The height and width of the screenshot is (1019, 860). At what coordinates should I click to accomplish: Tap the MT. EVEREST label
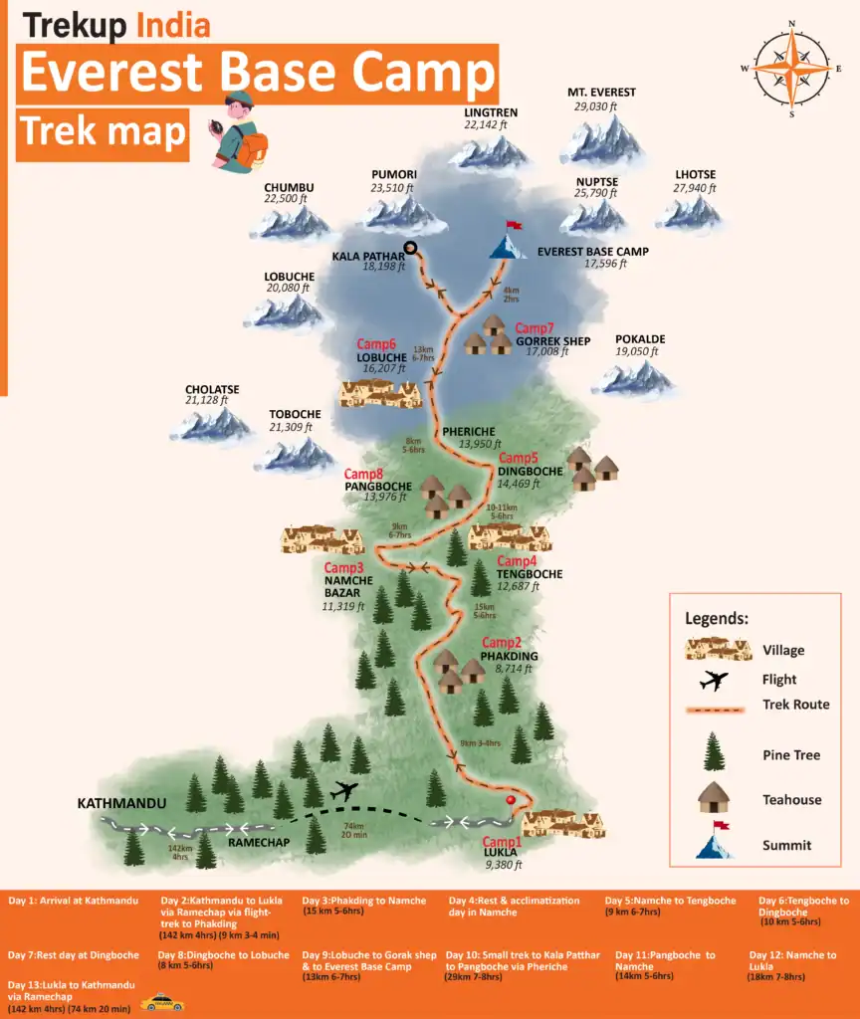601,93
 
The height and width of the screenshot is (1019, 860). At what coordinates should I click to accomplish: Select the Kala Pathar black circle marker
410,248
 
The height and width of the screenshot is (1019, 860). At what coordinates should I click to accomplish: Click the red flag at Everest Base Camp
514,226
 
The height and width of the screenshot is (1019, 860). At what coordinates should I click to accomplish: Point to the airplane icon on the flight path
345,792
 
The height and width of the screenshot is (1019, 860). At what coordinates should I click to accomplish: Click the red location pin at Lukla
512,801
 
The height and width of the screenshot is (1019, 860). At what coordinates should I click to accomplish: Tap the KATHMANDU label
124,802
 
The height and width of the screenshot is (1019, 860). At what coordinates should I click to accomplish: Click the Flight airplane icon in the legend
715,681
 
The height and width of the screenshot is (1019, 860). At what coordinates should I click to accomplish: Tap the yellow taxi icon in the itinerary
162,1003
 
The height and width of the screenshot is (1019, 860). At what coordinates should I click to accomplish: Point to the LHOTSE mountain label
695,175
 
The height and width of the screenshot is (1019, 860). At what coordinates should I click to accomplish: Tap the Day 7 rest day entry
74,955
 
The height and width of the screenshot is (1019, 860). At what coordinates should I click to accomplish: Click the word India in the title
173,25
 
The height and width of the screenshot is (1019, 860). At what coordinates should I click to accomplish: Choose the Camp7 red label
534,328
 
